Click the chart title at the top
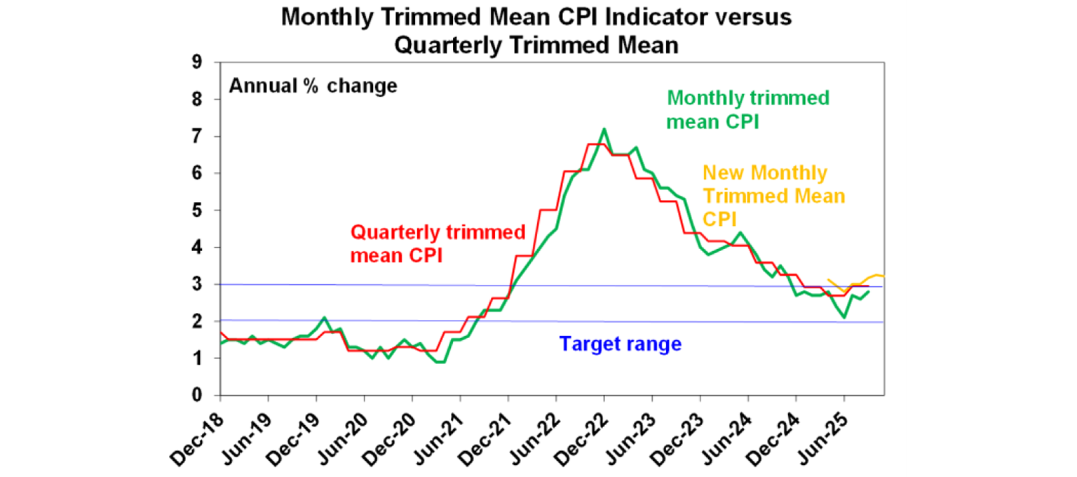pyautogui.click(x=536, y=31)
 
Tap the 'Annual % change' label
pyautogui.click(x=313, y=86)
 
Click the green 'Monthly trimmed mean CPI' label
pyautogui.click(x=747, y=109)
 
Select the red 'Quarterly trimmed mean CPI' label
pyautogui.click(x=438, y=243)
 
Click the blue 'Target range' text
pyautogui.click(x=620, y=344)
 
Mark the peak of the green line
pyautogui.click(x=604, y=129)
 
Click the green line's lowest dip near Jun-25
pyautogui.click(x=845, y=318)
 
